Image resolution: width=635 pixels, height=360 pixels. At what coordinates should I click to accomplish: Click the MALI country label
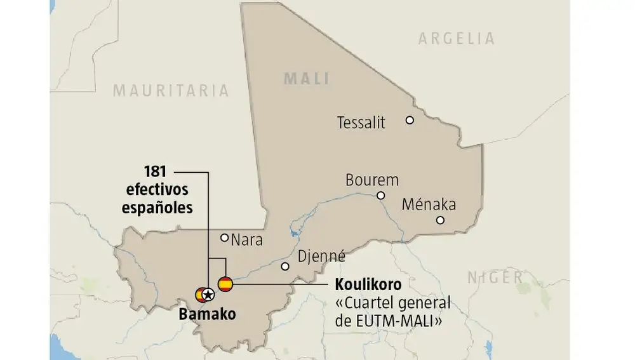pyautogui.click(x=306, y=79)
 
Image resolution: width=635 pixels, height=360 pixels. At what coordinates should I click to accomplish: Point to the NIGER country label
pyautogui.click(x=495, y=277)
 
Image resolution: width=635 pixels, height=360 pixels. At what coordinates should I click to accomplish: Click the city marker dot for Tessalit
pyautogui.click(x=410, y=120)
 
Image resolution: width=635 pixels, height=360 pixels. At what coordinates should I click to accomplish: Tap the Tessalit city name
pyautogui.click(x=361, y=123)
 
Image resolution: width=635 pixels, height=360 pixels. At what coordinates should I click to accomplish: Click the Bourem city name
pyautogui.click(x=371, y=180)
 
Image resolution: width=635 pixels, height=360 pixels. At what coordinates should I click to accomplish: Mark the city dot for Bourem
pyautogui.click(x=380, y=196)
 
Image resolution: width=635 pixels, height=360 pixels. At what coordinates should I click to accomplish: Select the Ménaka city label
pyautogui.click(x=429, y=204)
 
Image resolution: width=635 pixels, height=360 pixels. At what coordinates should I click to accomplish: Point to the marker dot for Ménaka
pyautogui.click(x=440, y=220)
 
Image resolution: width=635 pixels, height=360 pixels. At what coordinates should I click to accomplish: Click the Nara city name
pyautogui.click(x=246, y=241)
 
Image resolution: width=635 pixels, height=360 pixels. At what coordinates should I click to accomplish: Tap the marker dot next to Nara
pyautogui.click(x=224, y=237)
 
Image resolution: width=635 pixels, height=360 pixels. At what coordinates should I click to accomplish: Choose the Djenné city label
pyautogui.click(x=322, y=257)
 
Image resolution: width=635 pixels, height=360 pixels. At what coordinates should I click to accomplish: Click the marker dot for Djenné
pyautogui.click(x=285, y=267)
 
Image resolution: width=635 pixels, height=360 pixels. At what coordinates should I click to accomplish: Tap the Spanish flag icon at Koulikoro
pyautogui.click(x=225, y=284)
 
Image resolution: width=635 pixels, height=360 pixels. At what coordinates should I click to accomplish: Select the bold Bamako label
pyautogui.click(x=206, y=314)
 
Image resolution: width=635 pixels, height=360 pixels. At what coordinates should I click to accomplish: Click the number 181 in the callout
pyautogui.click(x=154, y=171)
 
